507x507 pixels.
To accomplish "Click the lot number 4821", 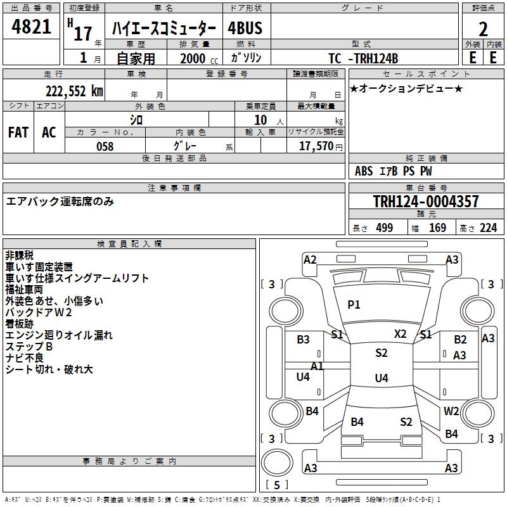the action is click(31, 27).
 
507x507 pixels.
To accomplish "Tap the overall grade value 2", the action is click(483, 29).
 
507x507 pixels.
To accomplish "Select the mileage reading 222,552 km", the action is click(74, 91).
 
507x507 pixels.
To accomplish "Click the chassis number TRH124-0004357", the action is click(426, 202).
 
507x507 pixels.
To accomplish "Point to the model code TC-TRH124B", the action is click(363, 58).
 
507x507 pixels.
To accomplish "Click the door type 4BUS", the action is click(245, 28).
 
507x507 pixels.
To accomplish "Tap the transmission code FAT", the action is click(18, 132).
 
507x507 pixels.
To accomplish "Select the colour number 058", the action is click(105, 146).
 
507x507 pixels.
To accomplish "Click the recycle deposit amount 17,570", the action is click(316, 146).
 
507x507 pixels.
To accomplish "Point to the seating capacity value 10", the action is click(260, 120).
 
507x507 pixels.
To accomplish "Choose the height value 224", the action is click(488, 228).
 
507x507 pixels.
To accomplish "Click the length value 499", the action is click(385, 228).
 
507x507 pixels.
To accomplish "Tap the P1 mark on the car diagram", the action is click(354, 305).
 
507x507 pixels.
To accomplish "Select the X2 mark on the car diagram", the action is click(401, 334).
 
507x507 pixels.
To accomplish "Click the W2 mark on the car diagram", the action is click(451, 411).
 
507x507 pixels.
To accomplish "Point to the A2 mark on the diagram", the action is click(310, 260).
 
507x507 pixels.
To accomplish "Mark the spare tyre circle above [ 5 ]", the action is click(277, 463).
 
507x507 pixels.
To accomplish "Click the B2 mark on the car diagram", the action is click(460, 340).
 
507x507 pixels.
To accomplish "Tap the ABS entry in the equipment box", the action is click(364, 171).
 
